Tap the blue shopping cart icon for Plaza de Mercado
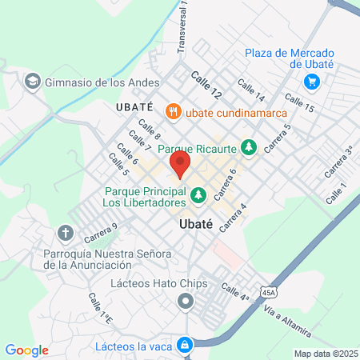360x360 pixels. click(312, 82)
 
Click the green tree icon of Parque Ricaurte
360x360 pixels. click(249, 147)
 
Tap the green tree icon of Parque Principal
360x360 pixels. click(197, 194)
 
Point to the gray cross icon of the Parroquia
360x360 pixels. click(66, 234)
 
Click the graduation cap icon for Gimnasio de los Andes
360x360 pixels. click(33, 81)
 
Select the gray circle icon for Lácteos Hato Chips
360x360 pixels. click(186, 302)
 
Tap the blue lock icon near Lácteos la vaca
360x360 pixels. click(186, 346)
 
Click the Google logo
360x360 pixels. click(26, 350)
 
